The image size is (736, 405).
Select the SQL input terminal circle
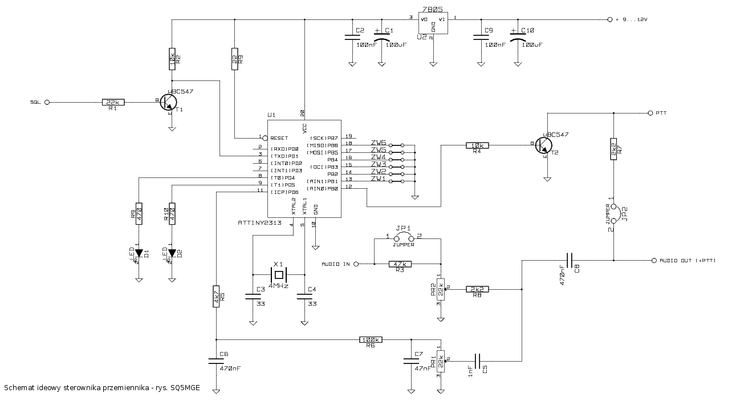click(x=47, y=102)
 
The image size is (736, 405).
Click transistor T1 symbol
click(x=169, y=102)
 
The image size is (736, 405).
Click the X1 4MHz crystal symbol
click(x=278, y=274)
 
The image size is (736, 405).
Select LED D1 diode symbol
click(x=137, y=253)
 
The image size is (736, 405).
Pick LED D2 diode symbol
click(x=172, y=253)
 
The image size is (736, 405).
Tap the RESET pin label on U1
click(x=279, y=138)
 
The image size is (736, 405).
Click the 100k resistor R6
click(x=371, y=339)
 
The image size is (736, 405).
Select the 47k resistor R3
click(x=400, y=264)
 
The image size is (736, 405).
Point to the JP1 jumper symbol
click(x=403, y=236)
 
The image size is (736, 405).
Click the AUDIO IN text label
click(x=336, y=264)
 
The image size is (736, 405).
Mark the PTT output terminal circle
click(x=650, y=113)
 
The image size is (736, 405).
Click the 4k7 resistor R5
click(x=215, y=297)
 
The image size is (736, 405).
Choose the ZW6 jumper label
click(x=379, y=143)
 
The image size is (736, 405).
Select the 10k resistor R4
click(x=477, y=145)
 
